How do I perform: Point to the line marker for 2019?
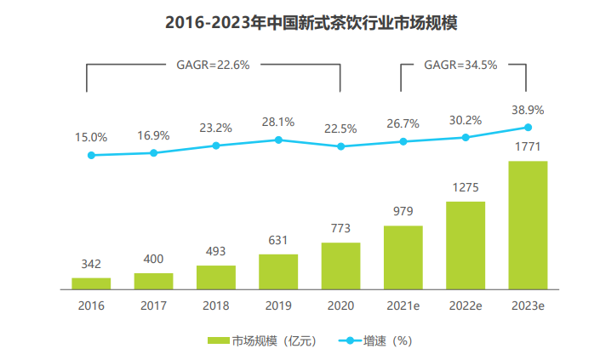pyautogui.click(x=278, y=140)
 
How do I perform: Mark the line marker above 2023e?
pyautogui.click(x=528, y=128)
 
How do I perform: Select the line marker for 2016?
pyautogui.click(x=91, y=155)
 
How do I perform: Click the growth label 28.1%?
pyautogui.click(x=278, y=122)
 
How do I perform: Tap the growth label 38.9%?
pyautogui.click(x=528, y=110)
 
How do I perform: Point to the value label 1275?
pyautogui.click(x=466, y=186)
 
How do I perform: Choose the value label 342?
pyautogui.click(x=91, y=263)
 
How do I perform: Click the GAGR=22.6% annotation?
pyautogui.click(x=214, y=64)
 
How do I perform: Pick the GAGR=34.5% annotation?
pyautogui.click(x=464, y=64)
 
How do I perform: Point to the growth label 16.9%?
pyautogui.click(x=154, y=135)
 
